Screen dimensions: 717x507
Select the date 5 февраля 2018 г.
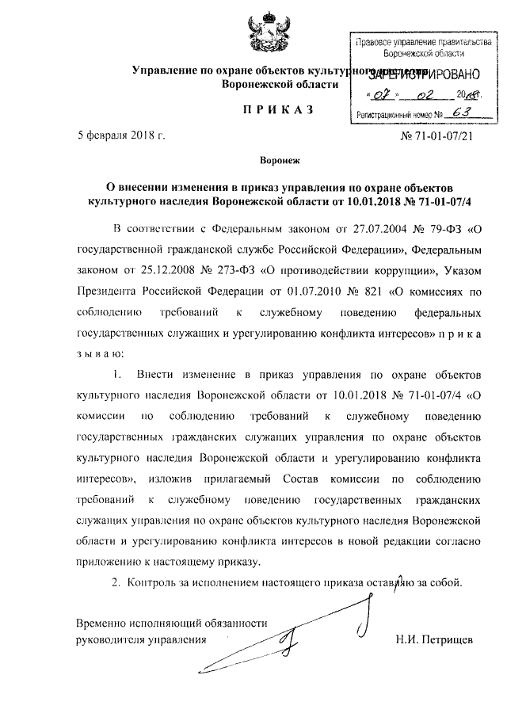pos(120,136)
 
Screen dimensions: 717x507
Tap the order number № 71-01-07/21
pos(438,136)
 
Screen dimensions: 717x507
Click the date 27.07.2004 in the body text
pos(357,231)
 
